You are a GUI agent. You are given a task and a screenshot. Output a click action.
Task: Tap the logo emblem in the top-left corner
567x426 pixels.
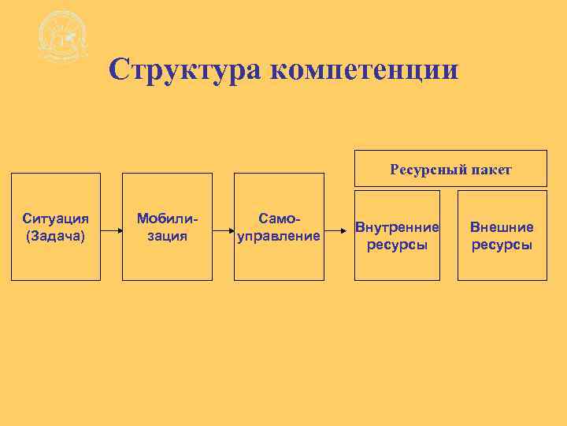click(x=62, y=38)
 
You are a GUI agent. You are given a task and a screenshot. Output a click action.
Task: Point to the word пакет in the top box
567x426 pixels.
click(x=491, y=169)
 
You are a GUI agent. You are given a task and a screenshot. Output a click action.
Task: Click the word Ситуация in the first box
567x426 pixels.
click(x=55, y=218)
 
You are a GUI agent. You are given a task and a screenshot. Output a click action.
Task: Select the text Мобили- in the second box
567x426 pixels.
click(x=166, y=218)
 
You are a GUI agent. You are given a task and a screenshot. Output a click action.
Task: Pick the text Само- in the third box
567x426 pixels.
click(x=280, y=218)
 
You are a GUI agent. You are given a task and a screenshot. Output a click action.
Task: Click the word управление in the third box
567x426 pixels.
click(x=280, y=235)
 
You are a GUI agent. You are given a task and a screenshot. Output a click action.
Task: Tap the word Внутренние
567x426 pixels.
click(x=397, y=227)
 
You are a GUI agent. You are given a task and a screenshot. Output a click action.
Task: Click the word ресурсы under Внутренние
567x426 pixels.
click(x=397, y=245)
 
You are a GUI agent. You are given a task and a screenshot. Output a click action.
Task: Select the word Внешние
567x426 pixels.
click(x=502, y=227)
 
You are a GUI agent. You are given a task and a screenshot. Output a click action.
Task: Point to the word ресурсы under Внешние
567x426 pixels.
click(x=502, y=245)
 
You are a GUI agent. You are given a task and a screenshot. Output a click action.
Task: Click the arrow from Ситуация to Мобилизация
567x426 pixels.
click(x=111, y=231)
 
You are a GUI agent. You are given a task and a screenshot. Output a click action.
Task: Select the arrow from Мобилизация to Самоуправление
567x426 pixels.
click(x=223, y=231)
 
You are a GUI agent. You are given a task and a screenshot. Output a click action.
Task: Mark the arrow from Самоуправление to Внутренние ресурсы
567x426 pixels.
click(x=339, y=231)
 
